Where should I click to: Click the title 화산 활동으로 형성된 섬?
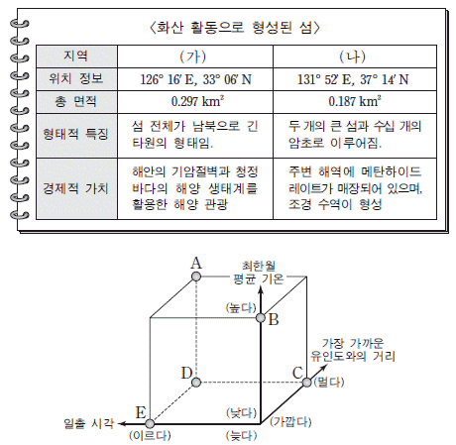pos(235,28)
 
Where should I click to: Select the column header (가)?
pos(193,56)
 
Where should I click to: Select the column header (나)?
pos(353,56)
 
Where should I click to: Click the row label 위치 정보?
pos(76,78)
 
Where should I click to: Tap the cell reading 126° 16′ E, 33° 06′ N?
pos(195,79)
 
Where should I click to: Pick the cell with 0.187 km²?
pos(355,101)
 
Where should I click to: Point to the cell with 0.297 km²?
pos(197,101)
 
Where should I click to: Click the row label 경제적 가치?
pos(75,188)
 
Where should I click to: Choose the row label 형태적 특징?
pos(75,134)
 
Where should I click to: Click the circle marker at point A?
pos(196,277)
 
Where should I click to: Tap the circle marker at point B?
pos(261,318)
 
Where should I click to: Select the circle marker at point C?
pos(307,383)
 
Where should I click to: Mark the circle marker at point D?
pos(196,383)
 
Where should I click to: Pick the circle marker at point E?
pos(150,424)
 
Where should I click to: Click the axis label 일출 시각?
pos(88,423)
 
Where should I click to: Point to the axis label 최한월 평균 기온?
pos(259,273)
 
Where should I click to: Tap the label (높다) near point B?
pos(241,308)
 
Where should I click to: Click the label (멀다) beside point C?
pos(329,383)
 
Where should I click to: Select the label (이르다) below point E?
pos(150,435)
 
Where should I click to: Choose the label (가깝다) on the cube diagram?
pos(290,422)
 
